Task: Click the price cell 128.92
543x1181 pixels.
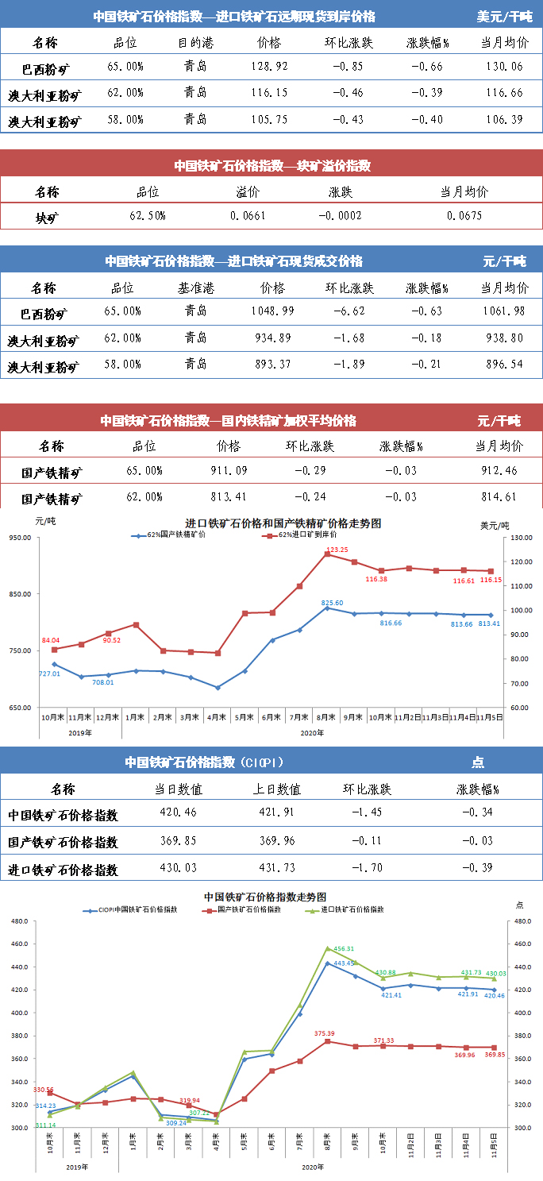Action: (x=269, y=67)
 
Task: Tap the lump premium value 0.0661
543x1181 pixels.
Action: (x=248, y=215)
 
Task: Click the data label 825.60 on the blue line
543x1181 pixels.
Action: (x=332, y=603)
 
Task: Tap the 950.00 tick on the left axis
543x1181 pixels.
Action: (x=21, y=538)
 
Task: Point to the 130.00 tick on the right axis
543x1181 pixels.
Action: (x=521, y=538)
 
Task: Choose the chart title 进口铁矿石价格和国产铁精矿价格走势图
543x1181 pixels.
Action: (x=283, y=524)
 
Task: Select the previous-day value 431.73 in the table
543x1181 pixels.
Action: (x=283, y=869)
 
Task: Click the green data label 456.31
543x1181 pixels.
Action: (x=344, y=949)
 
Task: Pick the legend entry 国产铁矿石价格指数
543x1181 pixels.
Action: (x=249, y=909)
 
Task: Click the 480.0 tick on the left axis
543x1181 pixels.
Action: (x=19, y=921)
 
